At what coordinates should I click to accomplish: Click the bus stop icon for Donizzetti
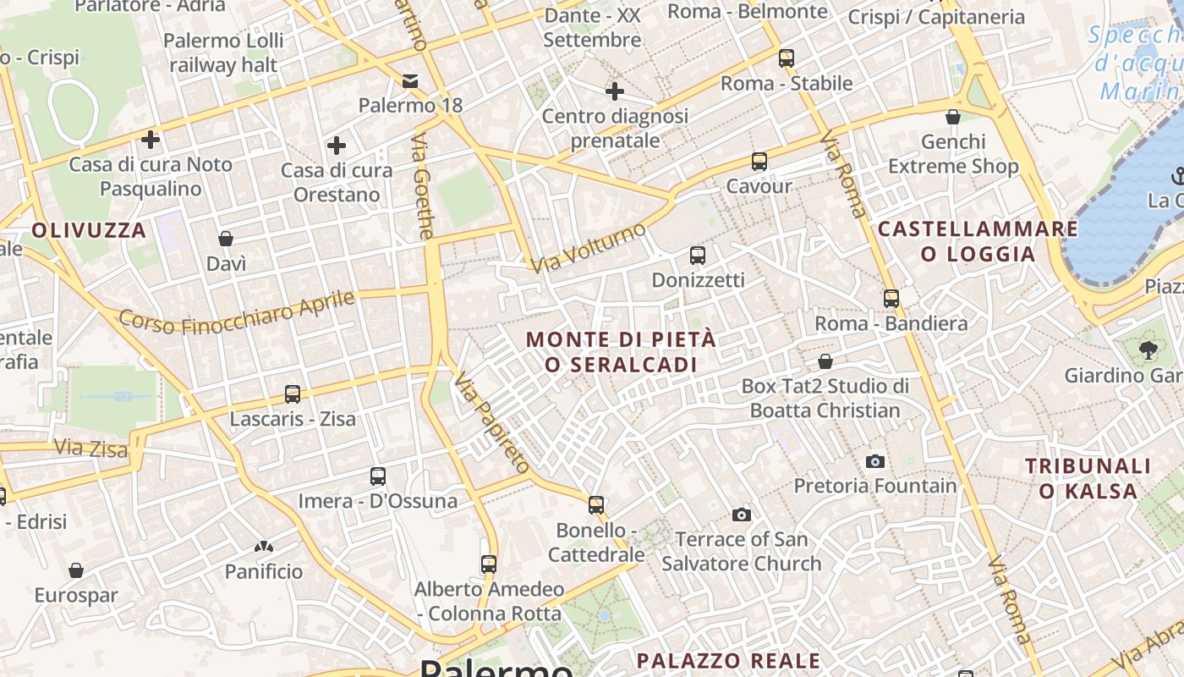697,255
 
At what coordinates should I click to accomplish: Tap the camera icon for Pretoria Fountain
875,461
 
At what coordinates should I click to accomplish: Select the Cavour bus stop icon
759,162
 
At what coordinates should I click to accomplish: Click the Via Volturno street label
590,247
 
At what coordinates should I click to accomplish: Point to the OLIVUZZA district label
89,230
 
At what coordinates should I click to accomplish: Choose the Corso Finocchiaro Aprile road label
237,312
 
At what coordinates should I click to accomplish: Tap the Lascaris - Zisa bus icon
293,394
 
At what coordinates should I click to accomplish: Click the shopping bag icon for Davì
226,239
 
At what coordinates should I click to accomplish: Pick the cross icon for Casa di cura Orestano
337,146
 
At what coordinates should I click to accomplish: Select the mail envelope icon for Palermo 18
410,81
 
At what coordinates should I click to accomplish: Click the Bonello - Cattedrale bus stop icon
596,505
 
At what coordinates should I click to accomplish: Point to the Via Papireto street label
491,421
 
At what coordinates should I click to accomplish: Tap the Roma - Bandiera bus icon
891,299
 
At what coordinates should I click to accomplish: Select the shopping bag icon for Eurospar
76,570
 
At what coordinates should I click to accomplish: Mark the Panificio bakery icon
264,548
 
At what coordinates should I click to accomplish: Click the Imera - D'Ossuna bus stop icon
378,476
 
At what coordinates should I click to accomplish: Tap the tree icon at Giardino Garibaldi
1148,350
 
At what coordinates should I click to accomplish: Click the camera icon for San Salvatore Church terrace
742,515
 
